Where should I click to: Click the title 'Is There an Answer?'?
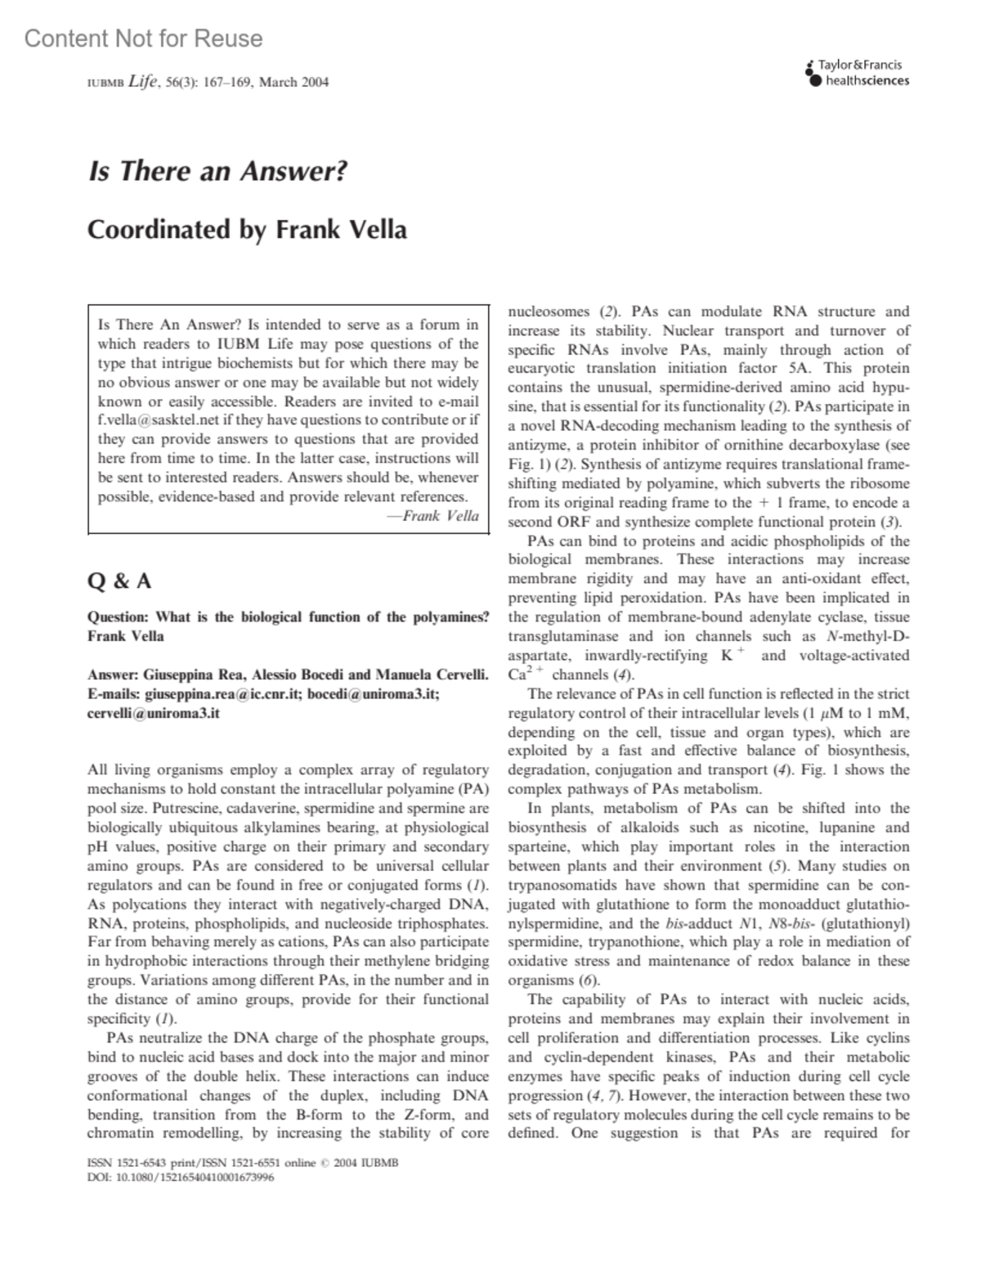point(217,172)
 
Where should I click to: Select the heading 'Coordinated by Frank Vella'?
point(246,230)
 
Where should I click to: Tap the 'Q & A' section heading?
point(119,581)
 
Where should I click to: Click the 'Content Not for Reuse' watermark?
point(144,38)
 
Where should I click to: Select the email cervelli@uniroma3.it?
point(153,713)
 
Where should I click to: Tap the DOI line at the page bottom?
point(180,1178)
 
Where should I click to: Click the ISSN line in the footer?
point(242,1163)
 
